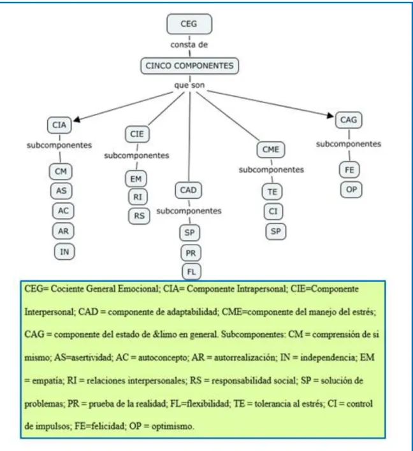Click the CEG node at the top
coord(189,24)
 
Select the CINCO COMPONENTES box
coord(189,66)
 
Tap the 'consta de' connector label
coord(189,45)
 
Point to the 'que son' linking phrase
coord(189,85)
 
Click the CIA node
coord(59,125)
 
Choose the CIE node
coord(137,134)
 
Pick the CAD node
coord(188,190)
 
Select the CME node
coord(270,150)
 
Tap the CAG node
coord(349,120)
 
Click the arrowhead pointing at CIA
coord(76,119)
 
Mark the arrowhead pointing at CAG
coord(330,115)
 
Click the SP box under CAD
coord(190,233)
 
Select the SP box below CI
coord(275,231)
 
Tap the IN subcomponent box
coord(64,252)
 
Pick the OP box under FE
coord(351,190)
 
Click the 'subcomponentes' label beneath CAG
coord(349,144)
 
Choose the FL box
coord(191,271)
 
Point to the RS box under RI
coord(140,216)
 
